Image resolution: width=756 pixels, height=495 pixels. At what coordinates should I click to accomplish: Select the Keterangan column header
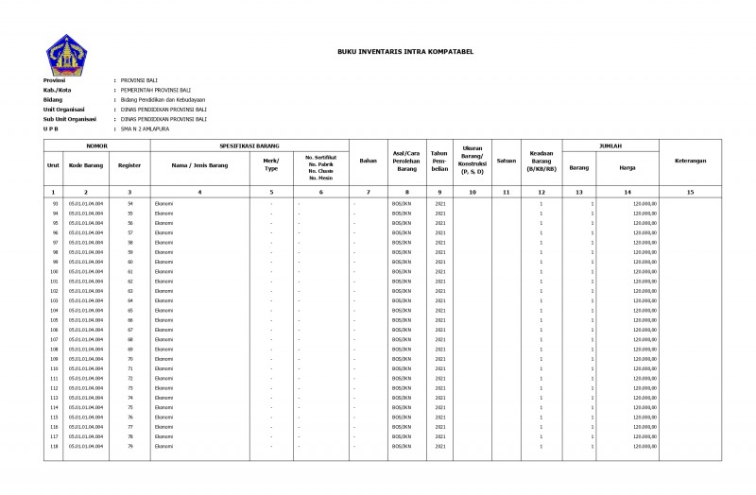tap(690, 161)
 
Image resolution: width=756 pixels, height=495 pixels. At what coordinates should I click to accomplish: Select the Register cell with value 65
tap(130, 310)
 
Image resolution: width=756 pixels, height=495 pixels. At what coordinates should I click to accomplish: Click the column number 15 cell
tap(690, 192)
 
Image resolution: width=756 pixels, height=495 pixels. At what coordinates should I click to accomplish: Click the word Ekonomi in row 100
tap(164, 271)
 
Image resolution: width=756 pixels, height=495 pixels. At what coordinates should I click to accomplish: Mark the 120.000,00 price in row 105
tap(644, 319)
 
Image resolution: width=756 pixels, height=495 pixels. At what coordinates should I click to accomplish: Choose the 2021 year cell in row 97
tap(439, 242)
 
